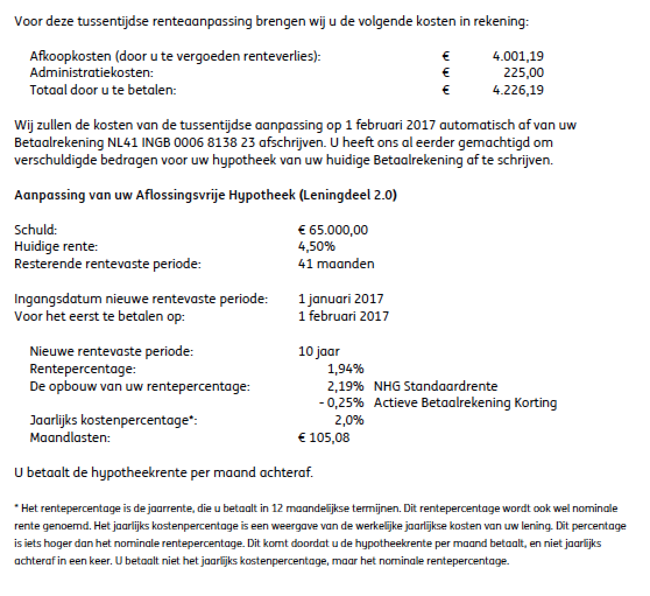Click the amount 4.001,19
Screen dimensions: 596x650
click(x=518, y=57)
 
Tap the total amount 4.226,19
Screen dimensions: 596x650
click(x=518, y=90)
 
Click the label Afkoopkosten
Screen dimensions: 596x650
click(x=70, y=57)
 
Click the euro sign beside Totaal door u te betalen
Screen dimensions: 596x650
click(x=446, y=90)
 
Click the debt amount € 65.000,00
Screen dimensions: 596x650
click(x=333, y=230)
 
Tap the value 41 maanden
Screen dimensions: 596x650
click(x=335, y=264)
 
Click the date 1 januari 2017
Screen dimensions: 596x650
click(x=340, y=299)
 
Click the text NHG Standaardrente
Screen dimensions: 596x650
click(x=436, y=386)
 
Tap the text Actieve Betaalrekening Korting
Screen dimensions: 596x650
click(x=465, y=403)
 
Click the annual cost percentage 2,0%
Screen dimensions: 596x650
click(x=349, y=420)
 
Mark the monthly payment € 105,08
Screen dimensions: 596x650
click(x=323, y=437)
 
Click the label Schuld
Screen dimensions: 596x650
click(x=36, y=230)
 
